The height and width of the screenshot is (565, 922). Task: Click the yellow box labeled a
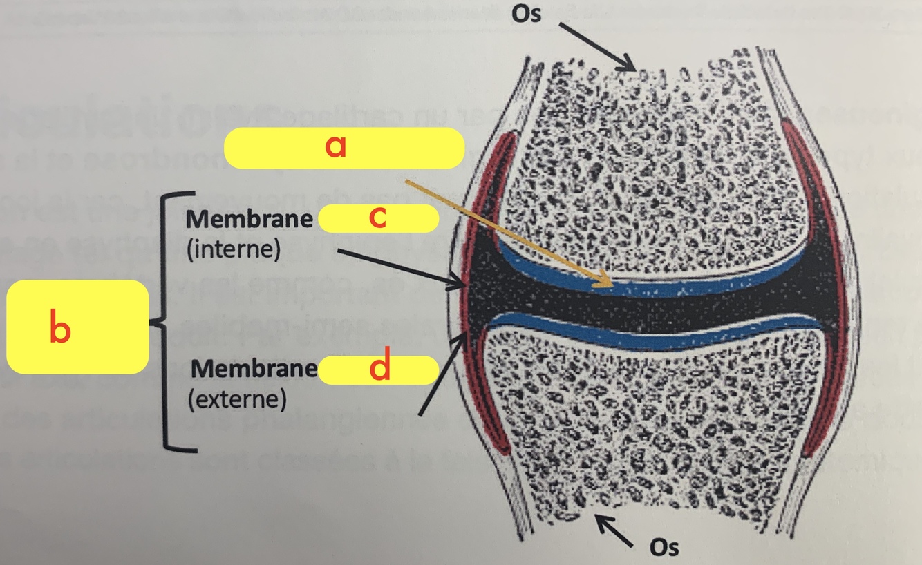tap(344, 148)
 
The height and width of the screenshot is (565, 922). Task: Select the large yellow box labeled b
tap(77, 327)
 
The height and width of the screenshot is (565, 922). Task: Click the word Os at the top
tap(528, 14)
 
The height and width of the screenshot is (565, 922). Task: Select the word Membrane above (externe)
tap(253, 369)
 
